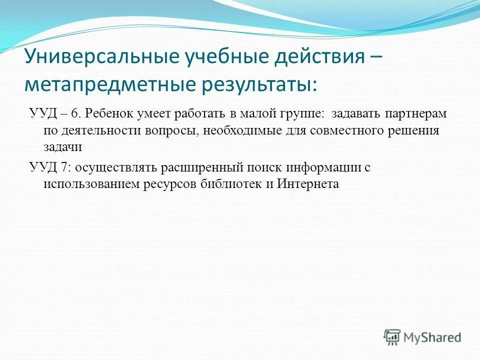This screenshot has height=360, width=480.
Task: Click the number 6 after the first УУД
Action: tap(75, 113)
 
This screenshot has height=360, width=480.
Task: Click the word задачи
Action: tap(62, 147)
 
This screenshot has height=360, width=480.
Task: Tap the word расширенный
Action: tap(198, 167)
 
